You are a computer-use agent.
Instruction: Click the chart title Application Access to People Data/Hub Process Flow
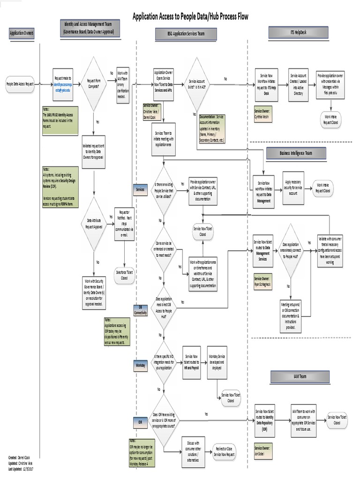pos(190,17)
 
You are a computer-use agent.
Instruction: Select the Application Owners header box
pos(22,33)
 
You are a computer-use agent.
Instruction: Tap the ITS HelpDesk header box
pos(298,31)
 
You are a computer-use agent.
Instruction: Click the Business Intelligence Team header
pos(295,153)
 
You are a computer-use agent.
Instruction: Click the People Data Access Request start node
pos(20,84)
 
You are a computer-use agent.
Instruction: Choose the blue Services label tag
pos(140,189)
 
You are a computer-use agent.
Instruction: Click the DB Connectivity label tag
pos(140,309)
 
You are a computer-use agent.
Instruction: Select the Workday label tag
pos(140,364)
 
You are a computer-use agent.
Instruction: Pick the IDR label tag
pos(140,422)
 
